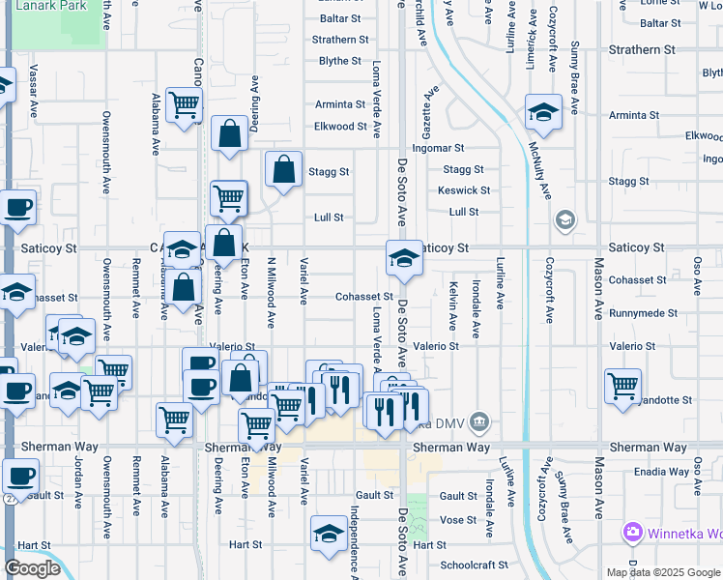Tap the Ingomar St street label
[x=438, y=148]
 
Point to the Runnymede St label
[x=644, y=313]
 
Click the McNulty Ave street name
[x=538, y=170]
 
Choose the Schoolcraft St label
[x=474, y=565]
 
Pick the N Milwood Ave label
[x=272, y=290]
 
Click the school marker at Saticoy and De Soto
[x=404, y=258]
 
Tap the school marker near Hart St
[x=329, y=533]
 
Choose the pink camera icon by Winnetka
[x=633, y=533]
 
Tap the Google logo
[x=32, y=568]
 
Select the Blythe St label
[x=339, y=61]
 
